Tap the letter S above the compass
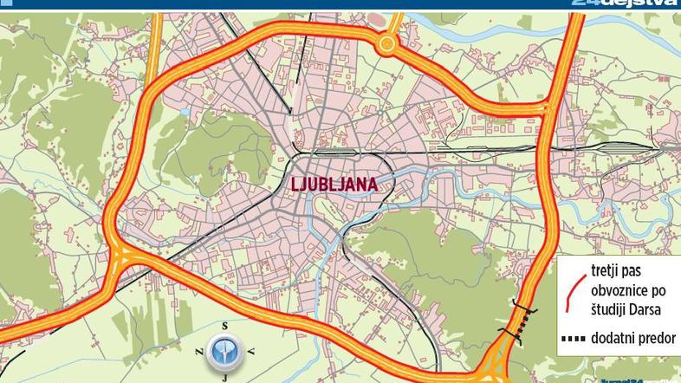point(224,325)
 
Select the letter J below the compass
point(224,377)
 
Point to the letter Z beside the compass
point(198,351)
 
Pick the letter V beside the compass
point(250,351)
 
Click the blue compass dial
point(224,351)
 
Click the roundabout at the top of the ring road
point(387,43)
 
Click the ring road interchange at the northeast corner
point(548,109)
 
